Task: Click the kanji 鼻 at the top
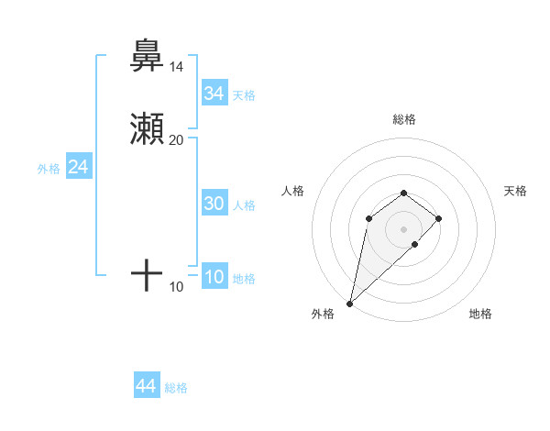click(x=147, y=56)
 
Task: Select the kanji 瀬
click(x=147, y=130)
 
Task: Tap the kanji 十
click(x=147, y=274)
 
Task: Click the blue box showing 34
click(x=214, y=94)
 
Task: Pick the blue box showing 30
click(x=214, y=204)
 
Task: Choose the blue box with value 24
click(x=78, y=168)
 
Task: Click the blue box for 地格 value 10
click(x=214, y=278)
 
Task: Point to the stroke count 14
click(x=176, y=67)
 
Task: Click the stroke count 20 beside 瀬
click(x=176, y=140)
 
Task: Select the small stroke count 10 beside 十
click(x=176, y=287)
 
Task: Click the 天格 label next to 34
click(x=244, y=95)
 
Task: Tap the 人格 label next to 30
click(x=244, y=205)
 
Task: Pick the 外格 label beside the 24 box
click(x=48, y=169)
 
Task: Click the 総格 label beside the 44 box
click(x=176, y=388)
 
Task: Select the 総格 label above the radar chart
click(x=403, y=119)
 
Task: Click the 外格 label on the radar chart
click(x=323, y=314)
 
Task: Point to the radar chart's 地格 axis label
click(x=480, y=314)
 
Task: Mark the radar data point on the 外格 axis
click(x=349, y=303)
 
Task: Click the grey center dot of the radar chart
click(x=403, y=228)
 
